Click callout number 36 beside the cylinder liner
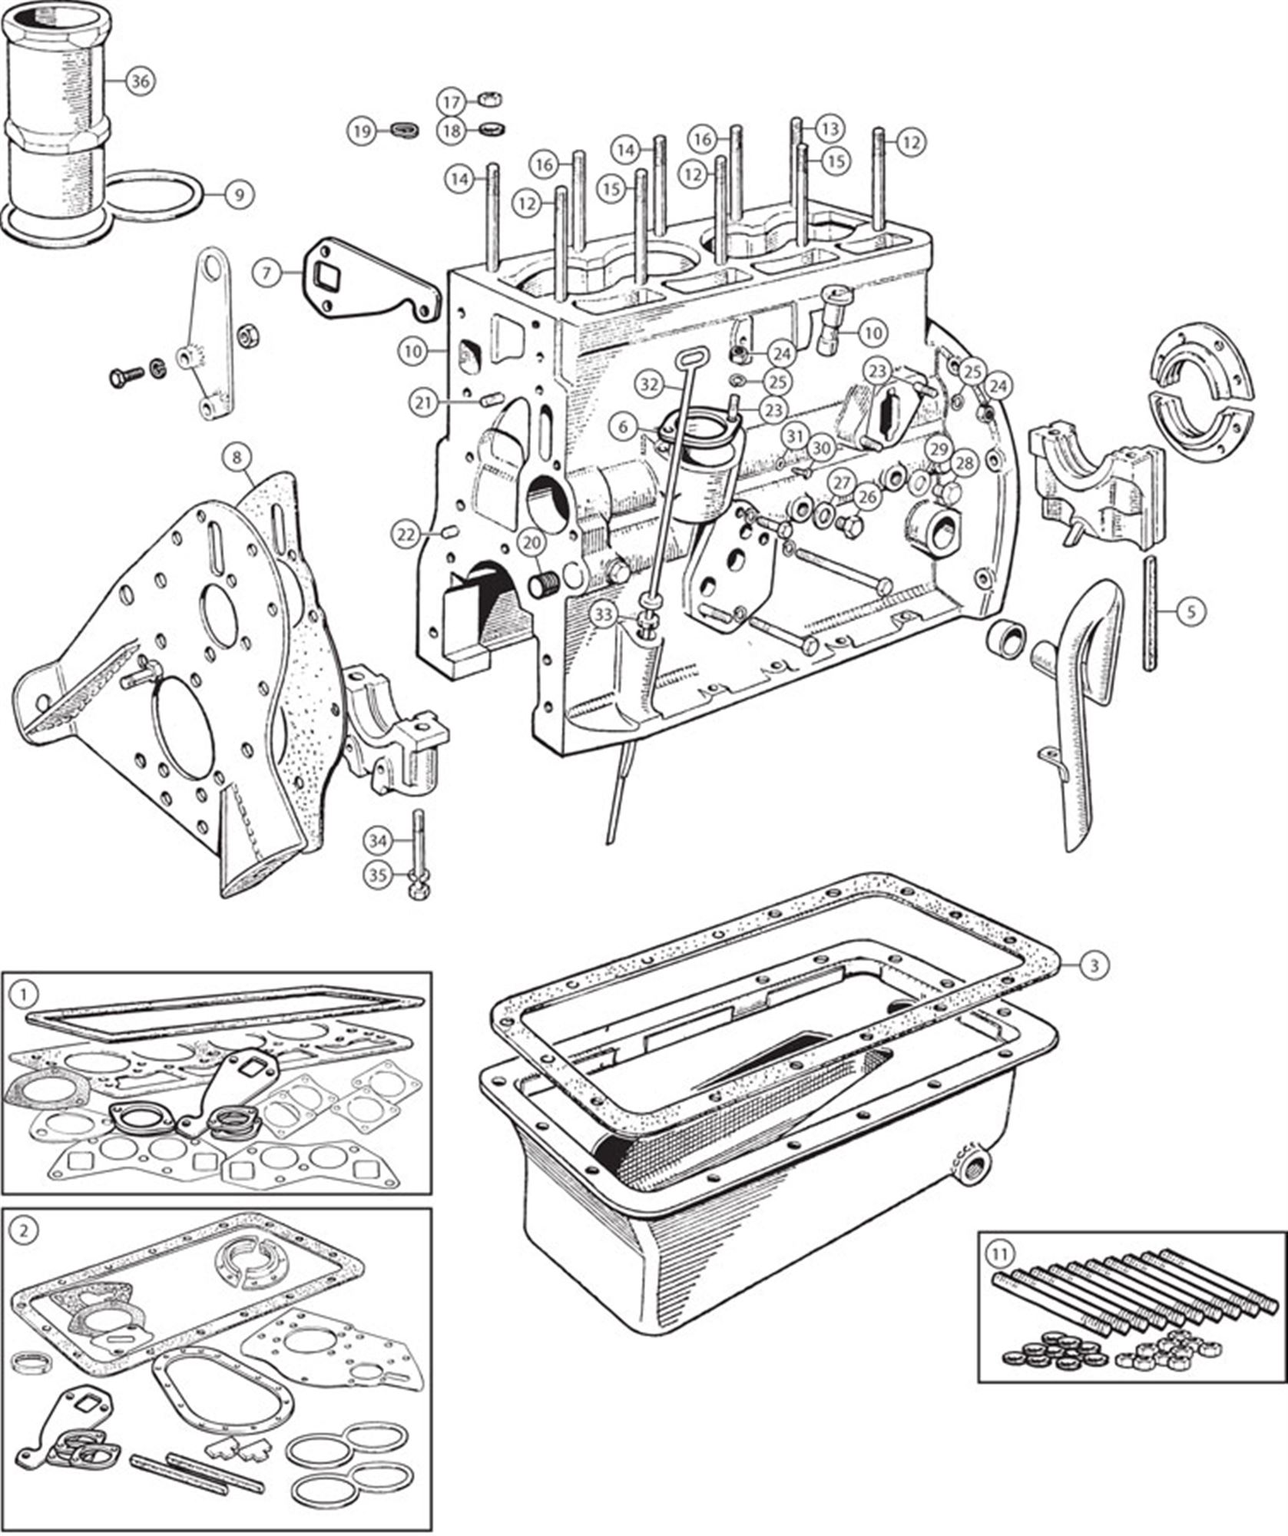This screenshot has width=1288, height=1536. pos(139,82)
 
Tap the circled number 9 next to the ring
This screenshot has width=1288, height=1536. pos(239,195)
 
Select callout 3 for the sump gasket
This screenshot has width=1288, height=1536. pos(1095,965)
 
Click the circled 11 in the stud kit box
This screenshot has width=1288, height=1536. pos(997,1256)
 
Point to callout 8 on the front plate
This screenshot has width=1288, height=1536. pos(237,458)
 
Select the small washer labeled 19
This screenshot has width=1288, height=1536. pos(401,130)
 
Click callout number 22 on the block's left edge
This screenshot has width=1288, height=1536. pos(407,533)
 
